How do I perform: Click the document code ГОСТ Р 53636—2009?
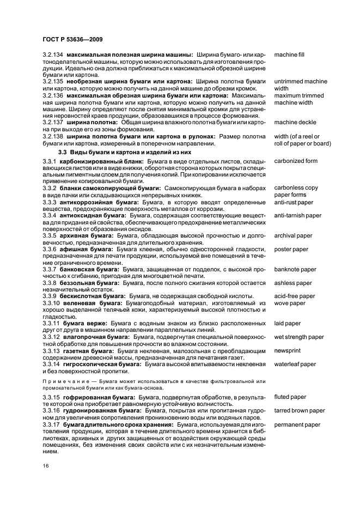pos(72,40)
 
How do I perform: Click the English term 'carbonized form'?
pos(296,161)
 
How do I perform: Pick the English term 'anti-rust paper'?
pos(294,202)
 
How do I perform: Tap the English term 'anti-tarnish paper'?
pos(297,216)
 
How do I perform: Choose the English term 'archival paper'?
pos(293,236)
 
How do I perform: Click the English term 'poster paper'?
pos(291,249)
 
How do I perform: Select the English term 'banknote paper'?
pos(295,269)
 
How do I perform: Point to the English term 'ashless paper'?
pos(293,283)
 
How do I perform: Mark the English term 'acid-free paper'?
pos(295,296)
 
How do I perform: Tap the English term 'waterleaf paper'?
pos(295,364)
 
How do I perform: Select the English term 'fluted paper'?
pos(290,397)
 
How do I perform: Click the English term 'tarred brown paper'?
pos(300,411)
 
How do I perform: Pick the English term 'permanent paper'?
pos(297,424)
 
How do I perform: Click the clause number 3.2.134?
pos(53,55)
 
